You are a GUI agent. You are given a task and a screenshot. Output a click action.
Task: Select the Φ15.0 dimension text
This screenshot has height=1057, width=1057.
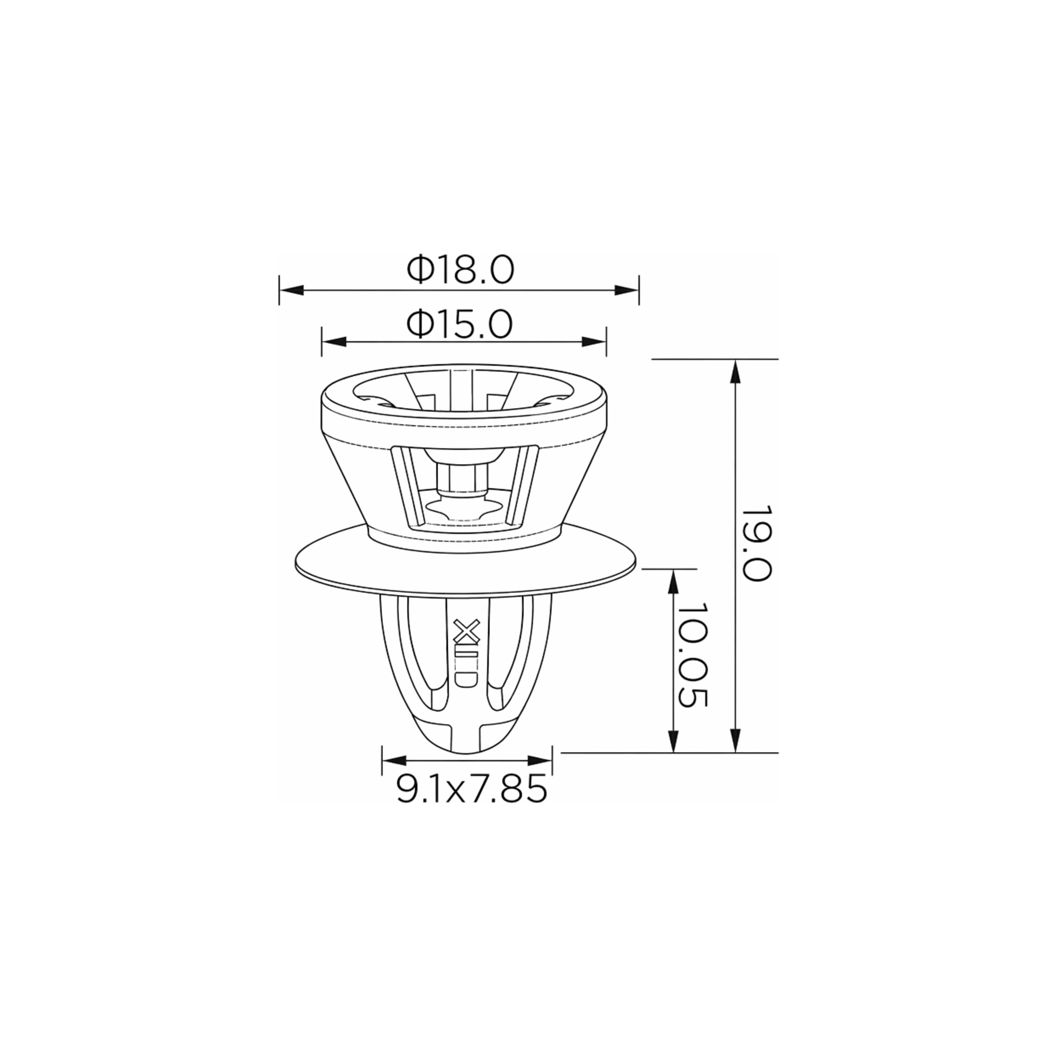click(460, 324)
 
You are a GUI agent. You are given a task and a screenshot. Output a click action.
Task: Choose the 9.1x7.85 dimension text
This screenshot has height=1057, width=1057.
click(471, 789)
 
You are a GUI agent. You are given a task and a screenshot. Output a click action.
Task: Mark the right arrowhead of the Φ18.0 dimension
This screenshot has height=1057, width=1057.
click(627, 290)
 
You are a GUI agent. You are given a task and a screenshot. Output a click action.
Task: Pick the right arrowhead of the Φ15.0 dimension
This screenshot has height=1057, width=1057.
click(594, 342)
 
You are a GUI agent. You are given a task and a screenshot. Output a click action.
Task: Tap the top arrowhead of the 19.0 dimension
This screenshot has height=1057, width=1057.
click(736, 372)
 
